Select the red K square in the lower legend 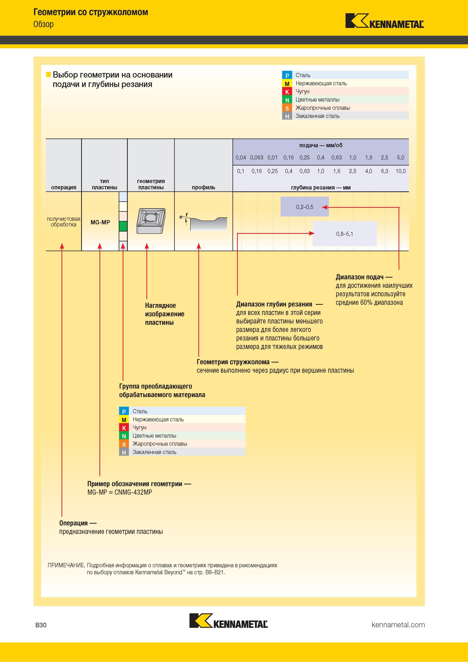point(124,428)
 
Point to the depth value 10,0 point(400,171)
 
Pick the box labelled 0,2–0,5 point(305,206)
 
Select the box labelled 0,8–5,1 point(345,234)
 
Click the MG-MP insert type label point(100,222)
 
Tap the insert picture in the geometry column point(151,221)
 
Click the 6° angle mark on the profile point(181,217)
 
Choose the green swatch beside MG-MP point(123,226)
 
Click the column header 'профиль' point(204,187)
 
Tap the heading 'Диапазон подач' point(359,277)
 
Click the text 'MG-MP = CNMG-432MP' point(120,492)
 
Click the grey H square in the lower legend point(124,452)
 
